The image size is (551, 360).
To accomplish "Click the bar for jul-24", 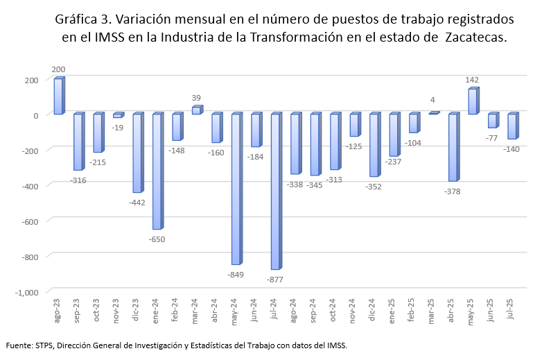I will click(x=275, y=191).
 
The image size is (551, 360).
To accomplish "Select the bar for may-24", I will click(x=236, y=189).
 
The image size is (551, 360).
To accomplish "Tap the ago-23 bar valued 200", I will click(x=58, y=96).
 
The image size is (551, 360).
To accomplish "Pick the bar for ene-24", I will click(x=157, y=171).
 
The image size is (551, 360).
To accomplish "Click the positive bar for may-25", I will click(x=472, y=101).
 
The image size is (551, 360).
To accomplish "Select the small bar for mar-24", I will click(x=196, y=110).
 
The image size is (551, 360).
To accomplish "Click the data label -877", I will click(x=276, y=280).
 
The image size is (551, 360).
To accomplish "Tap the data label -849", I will click(x=236, y=275).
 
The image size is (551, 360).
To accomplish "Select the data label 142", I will click(x=473, y=80).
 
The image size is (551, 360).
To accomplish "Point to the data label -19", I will click(x=118, y=127).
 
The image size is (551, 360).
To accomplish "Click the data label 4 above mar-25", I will click(x=433, y=100).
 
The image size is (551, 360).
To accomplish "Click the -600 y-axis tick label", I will click(x=31, y=221).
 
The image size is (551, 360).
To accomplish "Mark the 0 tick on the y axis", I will click(x=36, y=115).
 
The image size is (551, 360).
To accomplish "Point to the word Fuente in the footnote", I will click(x=19, y=345).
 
